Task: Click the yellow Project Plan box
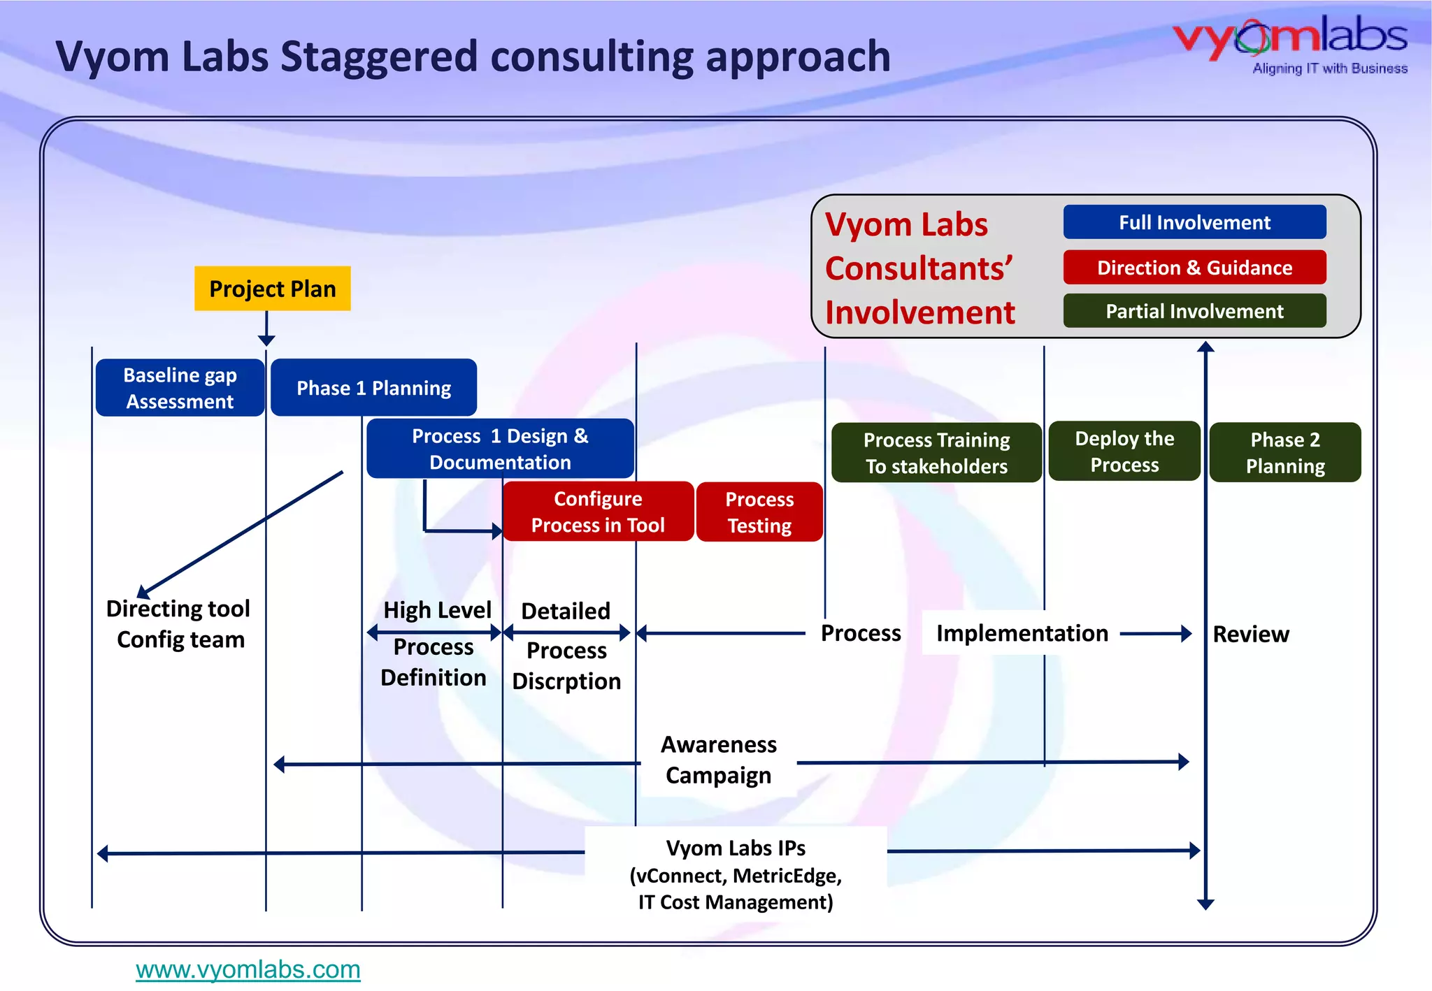click(x=272, y=289)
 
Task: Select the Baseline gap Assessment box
click(x=180, y=388)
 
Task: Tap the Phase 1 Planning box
click(x=373, y=388)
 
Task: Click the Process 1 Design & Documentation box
click(x=500, y=449)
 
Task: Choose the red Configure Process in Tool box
click(x=598, y=512)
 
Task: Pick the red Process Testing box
click(x=759, y=512)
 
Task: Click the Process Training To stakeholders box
click(x=936, y=453)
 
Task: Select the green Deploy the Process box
click(x=1124, y=451)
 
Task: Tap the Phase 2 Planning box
click(x=1285, y=453)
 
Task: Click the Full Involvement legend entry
click(x=1194, y=222)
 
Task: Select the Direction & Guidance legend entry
click(x=1194, y=268)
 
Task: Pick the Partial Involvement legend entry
click(x=1194, y=311)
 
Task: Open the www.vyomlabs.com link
click(x=248, y=969)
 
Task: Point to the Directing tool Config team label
click(x=179, y=624)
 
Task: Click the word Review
click(x=1250, y=634)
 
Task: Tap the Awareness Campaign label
click(x=719, y=760)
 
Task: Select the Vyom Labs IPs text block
click(x=736, y=874)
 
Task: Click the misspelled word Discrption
click(x=566, y=681)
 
